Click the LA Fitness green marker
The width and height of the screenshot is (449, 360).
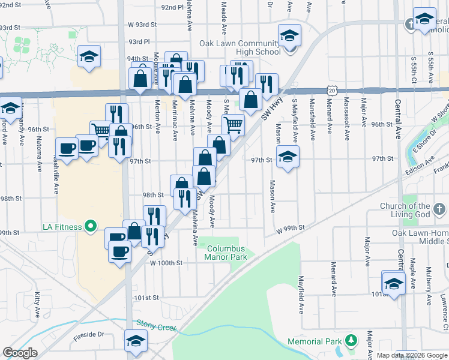click(91, 226)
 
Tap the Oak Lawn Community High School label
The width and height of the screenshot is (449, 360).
click(240, 47)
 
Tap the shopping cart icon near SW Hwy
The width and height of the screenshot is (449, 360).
click(233, 125)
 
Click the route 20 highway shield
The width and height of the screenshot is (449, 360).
click(332, 90)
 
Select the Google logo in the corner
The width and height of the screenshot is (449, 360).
click(20, 353)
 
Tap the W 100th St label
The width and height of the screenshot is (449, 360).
click(166, 263)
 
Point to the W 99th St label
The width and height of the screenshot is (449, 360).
click(291, 228)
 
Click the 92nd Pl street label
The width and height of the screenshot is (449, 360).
click(172, 7)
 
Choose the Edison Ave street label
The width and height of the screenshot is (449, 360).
click(421, 164)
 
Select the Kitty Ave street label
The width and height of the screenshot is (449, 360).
click(37, 304)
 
